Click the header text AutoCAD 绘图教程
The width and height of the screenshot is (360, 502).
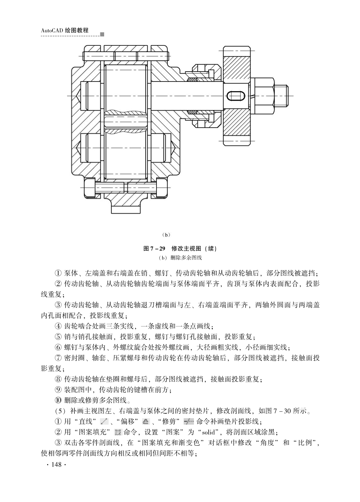point(65,30)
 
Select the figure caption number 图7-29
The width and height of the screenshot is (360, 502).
point(155,248)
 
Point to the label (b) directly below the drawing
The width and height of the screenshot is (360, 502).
point(166,235)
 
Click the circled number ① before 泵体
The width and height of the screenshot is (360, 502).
point(58,273)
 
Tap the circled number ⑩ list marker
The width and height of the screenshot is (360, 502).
point(58,400)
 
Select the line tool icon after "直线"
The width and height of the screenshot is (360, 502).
point(104,421)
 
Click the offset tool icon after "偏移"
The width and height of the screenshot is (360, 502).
point(145,421)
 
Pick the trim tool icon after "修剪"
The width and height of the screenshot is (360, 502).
point(188,421)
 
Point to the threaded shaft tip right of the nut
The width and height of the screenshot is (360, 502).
point(282,96)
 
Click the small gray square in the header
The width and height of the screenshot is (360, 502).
point(102,34)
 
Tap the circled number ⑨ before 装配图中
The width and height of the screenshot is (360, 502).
point(58,389)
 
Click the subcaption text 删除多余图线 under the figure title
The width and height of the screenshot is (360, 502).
point(186,258)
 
